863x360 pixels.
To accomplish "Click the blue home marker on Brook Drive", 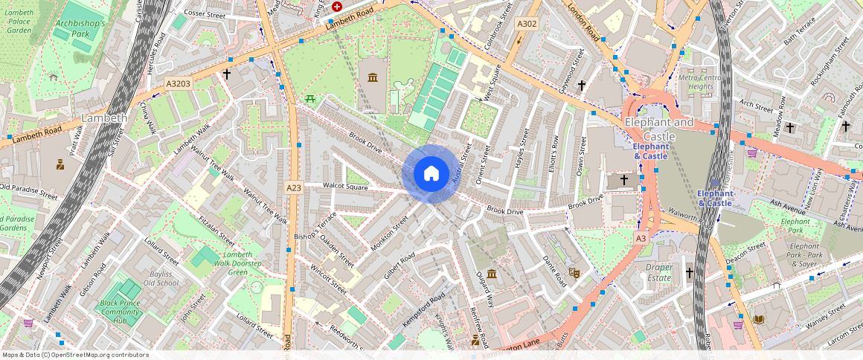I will (431, 174).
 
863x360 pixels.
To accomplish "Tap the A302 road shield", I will (527, 25).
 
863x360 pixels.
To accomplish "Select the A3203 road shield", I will (179, 84).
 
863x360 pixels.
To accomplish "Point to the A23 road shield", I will (294, 188).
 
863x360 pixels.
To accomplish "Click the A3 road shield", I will (641, 238).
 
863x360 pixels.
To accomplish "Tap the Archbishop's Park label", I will (82, 28).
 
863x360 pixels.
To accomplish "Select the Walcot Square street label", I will (346, 186).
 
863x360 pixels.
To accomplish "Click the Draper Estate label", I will (658, 272).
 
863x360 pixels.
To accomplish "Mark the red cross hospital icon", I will (337, 6).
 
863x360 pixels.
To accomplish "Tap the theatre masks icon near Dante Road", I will (574, 273).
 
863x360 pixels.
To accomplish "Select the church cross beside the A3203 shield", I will (227, 74).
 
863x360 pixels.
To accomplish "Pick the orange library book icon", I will (758, 320).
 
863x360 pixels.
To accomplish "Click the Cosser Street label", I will (205, 13).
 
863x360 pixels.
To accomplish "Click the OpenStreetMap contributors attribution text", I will (74, 355).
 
